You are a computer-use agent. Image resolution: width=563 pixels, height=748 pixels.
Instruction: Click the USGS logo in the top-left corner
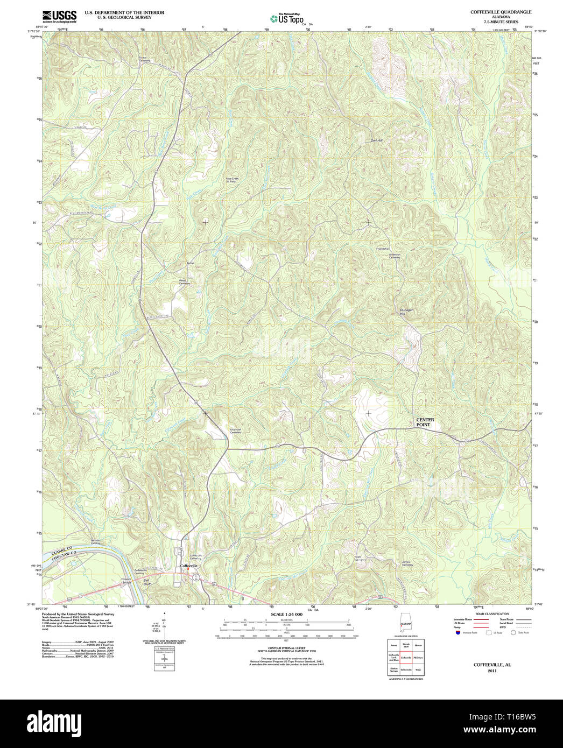pyautogui.click(x=59, y=16)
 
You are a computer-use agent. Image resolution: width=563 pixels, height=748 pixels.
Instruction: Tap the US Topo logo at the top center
pyautogui.click(x=287, y=19)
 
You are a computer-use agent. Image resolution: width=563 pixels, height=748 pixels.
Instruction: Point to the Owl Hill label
pyautogui.click(x=376, y=140)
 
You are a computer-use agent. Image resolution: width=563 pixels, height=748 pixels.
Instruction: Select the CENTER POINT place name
pyautogui.click(x=425, y=422)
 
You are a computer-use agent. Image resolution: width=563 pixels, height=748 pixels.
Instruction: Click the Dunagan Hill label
pyautogui.click(x=406, y=312)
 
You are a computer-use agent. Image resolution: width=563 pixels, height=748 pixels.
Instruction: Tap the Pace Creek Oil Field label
pyautogui.click(x=231, y=180)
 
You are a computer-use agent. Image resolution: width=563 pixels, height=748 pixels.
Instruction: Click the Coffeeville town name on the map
pyautogui.click(x=189, y=566)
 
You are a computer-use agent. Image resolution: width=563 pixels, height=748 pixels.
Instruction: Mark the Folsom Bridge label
pyautogui.click(x=126, y=581)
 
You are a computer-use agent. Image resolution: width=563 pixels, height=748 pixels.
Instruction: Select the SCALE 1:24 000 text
pyautogui.click(x=286, y=614)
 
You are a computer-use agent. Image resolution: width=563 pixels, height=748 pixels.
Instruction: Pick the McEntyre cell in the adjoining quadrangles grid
pyautogui.click(x=418, y=658)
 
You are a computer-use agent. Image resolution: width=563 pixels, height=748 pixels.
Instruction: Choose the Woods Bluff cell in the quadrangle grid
pyautogui.click(x=406, y=645)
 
